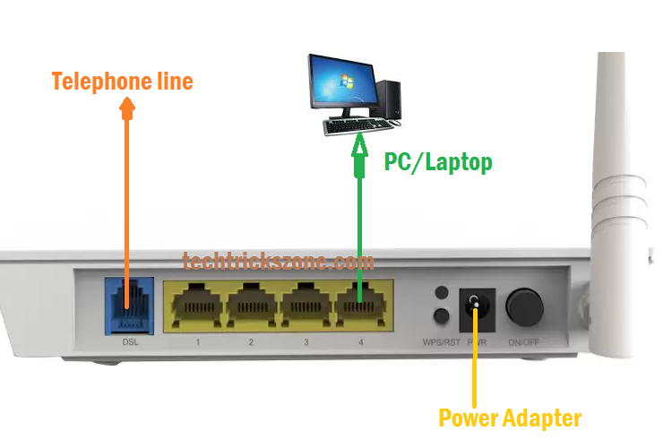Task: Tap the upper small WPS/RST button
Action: tap(440, 293)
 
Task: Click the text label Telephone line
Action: tap(122, 82)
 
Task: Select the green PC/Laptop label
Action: tap(438, 162)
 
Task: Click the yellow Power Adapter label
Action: tap(510, 418)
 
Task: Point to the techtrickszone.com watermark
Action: tap(278, 261)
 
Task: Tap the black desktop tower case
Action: tap(388, 101)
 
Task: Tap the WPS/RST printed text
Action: tap(440, 342)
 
